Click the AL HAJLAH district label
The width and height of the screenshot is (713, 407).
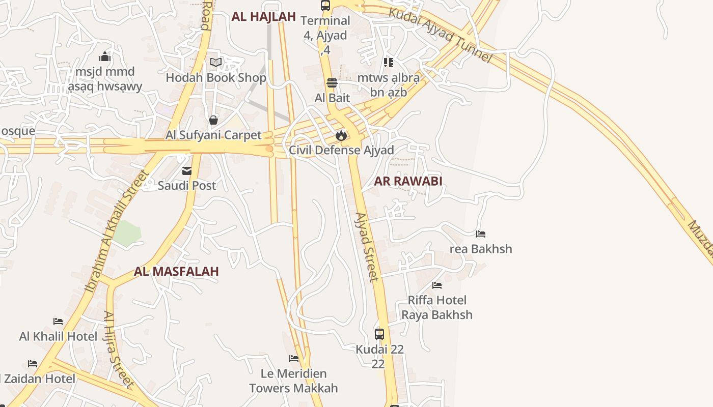pos(263,16)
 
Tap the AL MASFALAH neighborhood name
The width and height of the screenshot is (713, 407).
pos(176,272)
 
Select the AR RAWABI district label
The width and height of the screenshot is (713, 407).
pos(408,181)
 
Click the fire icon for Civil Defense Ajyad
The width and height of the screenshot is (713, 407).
pos(341,135)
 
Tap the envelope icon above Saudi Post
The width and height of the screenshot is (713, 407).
pos(187,171)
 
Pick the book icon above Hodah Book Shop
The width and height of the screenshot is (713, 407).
pos(216,63)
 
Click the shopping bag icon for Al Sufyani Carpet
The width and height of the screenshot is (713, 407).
pos(213,120)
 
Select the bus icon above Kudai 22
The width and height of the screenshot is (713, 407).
pos(379,334)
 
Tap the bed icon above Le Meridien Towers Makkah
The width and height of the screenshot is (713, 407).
pos(293,359)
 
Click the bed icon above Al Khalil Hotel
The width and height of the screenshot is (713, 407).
pos(58,322)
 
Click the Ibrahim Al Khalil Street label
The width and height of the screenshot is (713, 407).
pos(117,231)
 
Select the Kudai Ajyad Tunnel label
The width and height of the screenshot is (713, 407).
pos(441,35)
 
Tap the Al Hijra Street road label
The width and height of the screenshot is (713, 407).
pos(119,350)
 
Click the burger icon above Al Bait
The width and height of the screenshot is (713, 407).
pos(332,83)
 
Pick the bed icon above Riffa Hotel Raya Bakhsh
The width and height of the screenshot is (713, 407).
pos(436,285)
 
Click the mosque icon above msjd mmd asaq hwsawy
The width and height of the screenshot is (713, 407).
pos(105,56)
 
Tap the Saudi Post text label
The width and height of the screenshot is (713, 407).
pos(187,186)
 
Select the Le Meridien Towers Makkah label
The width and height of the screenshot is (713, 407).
pos(293,381)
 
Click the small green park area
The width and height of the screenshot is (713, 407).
pos(127,234)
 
